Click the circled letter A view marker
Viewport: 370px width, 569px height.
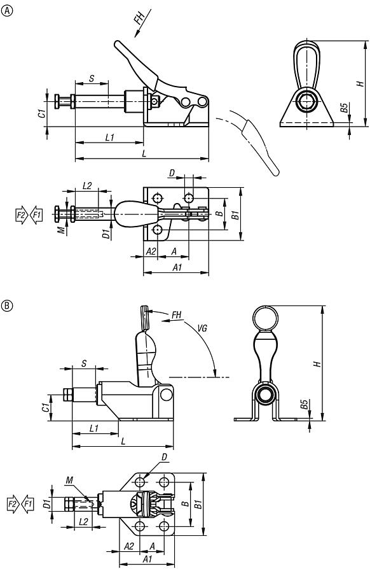8,10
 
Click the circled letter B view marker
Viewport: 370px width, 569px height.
8,306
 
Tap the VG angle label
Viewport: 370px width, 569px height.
202,329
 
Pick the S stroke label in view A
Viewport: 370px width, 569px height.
92,79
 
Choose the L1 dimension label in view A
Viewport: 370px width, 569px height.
109,137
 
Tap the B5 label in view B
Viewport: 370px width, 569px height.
305,404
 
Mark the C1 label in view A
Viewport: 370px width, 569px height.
41,114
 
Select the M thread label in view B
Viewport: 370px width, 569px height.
70,481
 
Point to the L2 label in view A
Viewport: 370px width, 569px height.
87,186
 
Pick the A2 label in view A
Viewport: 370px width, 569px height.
151,251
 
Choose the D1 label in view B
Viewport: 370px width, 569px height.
46,505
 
